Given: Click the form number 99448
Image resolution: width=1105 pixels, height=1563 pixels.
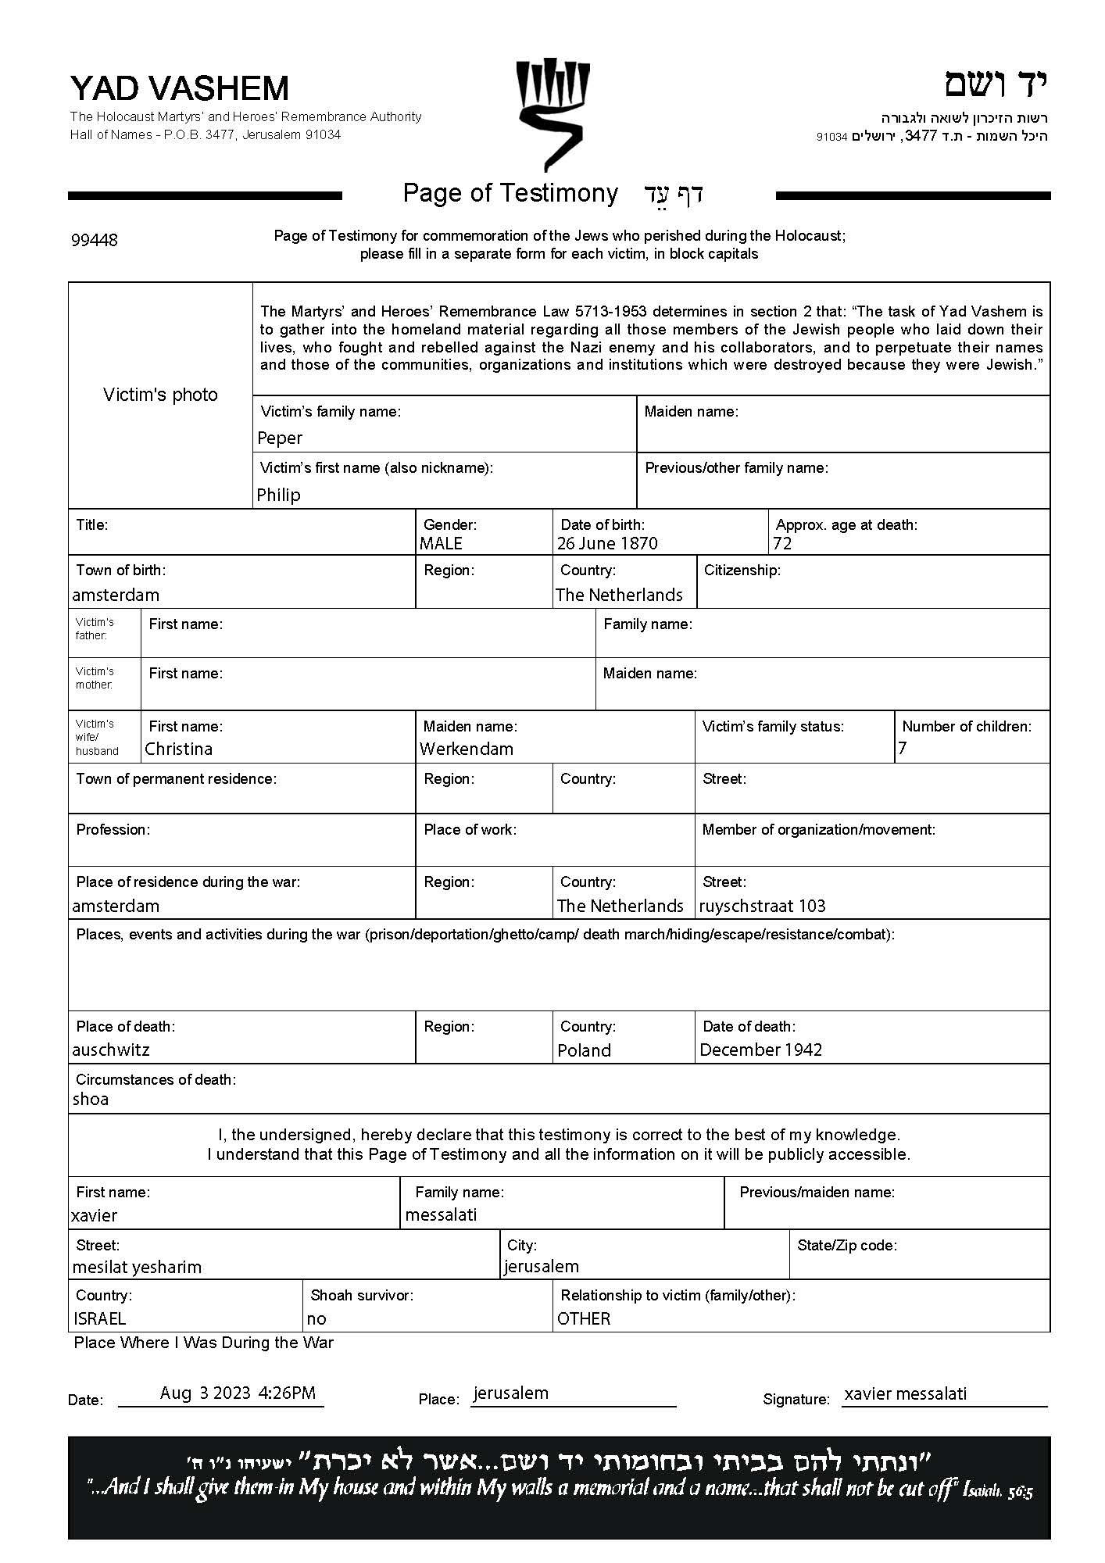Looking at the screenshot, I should pyautogui.click(x=94, y=240).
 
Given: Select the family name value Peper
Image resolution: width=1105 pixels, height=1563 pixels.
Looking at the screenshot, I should pyautogui.click(x=279, y=438).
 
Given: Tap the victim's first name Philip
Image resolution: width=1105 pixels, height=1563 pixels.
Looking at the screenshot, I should pyautogui.click(x=278, y=495).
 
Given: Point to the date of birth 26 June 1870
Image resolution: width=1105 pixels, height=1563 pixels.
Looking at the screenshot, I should pyautogui.click(x=607, y=543).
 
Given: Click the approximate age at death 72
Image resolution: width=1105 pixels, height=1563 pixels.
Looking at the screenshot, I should pyautogui.click(x=782, y=543).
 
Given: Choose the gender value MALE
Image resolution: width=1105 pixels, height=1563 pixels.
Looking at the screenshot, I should pyautogui.click(x=441, y=543).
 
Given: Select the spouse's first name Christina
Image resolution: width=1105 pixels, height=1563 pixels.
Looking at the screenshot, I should pyautogui.click(x=178, y=749).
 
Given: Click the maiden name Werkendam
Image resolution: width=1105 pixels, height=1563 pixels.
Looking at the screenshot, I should pyautogui.click(x=467, y=749).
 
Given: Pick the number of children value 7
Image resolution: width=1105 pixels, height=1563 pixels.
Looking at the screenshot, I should pyautogui.click(x=903, y=749).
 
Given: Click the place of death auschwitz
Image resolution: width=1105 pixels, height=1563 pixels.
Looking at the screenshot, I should pyautogui.click(x=110, y=1050).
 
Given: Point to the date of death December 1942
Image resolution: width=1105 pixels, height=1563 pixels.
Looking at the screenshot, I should pyautogui.click(x=760, y=1050).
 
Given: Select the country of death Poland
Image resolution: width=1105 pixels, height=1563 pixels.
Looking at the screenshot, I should pyautogui.click(x=584, y=1050).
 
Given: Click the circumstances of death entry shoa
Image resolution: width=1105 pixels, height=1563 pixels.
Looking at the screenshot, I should pyautogui.click(x=91, y=1099).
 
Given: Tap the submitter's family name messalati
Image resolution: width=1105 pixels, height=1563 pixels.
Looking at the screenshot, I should pyautogui.click(x=441, y=1214).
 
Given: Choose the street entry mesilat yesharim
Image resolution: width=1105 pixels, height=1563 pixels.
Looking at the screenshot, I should pyautogui.click(x=137, y=1267).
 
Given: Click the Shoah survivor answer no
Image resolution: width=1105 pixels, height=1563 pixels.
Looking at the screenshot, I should pyautogui.click(x=316, y=1318).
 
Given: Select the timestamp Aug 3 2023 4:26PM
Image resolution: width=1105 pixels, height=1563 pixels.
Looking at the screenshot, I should pyautogui.click(x=238, y=1393).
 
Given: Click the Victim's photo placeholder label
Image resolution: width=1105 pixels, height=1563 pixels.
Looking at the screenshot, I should pyautogui.click(x=160, y=395).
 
